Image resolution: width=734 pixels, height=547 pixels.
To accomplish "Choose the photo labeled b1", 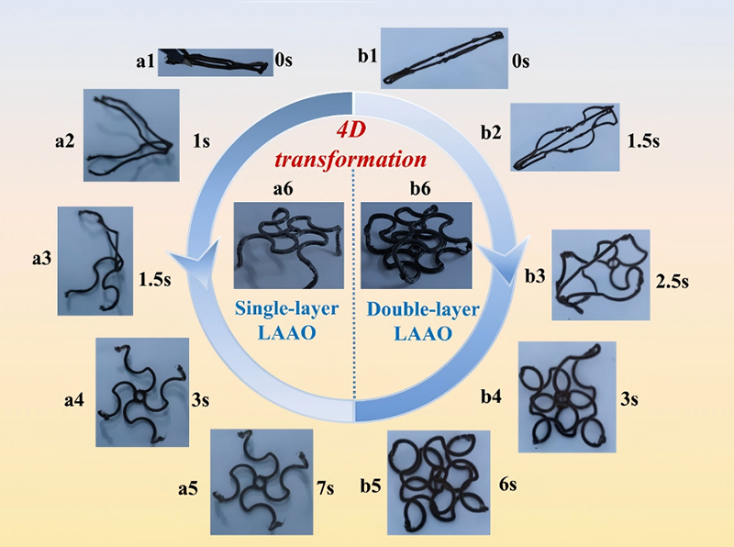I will tap(445, 58).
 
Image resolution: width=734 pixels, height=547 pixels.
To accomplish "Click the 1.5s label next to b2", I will tap(642, 143).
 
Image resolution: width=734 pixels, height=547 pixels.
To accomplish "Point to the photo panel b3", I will tap(600, 274).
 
